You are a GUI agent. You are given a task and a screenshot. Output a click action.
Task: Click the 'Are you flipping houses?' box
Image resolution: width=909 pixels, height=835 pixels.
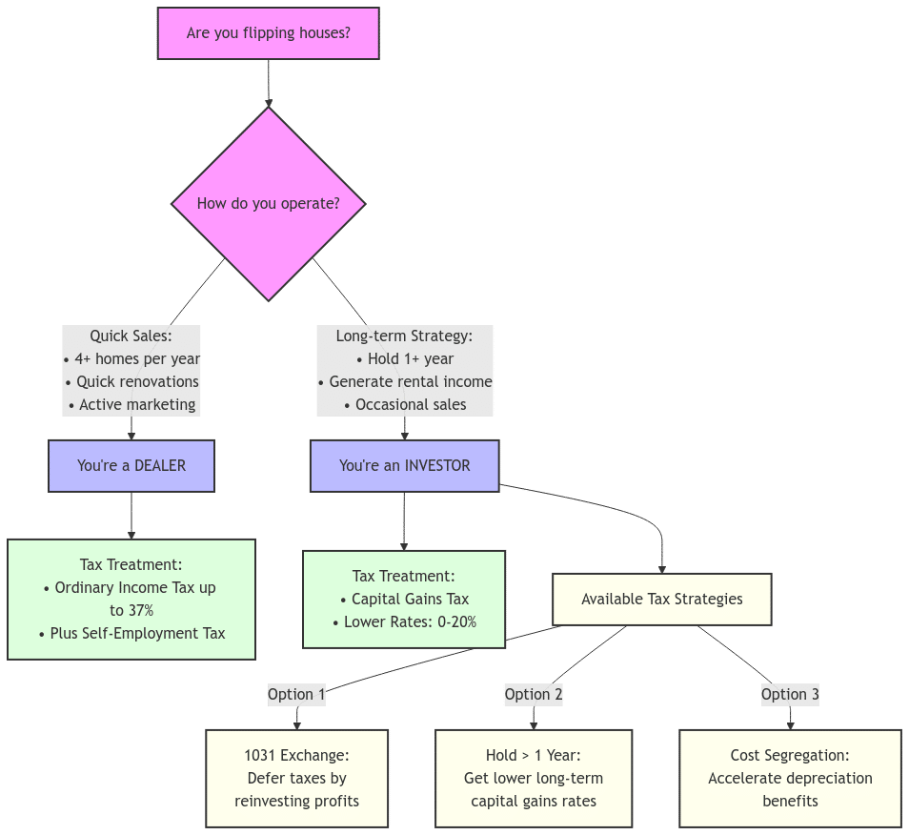pyautogui.click(x=268, y=33)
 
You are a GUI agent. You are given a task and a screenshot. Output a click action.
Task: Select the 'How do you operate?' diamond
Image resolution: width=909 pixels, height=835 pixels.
pyautogui.click(x=268, y=203)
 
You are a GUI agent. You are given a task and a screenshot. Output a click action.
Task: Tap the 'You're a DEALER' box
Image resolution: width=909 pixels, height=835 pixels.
pyautogui.click(x=131, y=466)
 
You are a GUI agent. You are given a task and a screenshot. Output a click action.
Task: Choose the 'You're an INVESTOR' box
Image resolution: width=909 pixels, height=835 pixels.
pyautogui.click(x=404, y=466)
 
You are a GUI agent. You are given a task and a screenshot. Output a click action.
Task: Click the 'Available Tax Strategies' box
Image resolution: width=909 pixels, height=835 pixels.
pyautogui.click(x=661, y=600)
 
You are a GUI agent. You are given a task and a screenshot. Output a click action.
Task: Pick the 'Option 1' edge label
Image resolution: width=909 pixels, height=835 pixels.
pyautogui.click(x=296, y=694)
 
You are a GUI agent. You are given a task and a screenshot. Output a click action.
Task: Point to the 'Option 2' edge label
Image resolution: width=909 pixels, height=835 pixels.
pyautogui.click(x=534, y=694)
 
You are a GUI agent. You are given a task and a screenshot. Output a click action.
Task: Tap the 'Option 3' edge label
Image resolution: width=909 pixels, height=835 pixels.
pyautogui.click(x=790, y=694)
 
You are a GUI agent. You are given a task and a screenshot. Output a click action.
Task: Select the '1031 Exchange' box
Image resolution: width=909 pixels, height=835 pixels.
pyautogui.click(x=296, y=778)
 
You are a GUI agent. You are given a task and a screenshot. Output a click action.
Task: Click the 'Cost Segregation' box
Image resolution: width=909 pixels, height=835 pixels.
pyautogui.click(x=790, y=778)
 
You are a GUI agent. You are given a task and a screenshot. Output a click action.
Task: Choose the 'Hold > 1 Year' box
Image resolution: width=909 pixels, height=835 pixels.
pyautogui.click(x=534, y=778)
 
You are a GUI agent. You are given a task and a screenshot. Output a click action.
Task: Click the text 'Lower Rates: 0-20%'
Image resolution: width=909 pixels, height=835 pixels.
pyautogui.click(x=404, y=622)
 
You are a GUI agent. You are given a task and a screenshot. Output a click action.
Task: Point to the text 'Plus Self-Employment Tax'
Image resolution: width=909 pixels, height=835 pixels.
pyautogui.click(x=131, y=633)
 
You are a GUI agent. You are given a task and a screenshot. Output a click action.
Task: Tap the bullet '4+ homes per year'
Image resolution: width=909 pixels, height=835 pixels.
pyautogui.click(x=131, y=359)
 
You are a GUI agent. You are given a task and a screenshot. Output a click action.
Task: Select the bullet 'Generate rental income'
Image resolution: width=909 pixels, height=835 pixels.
pyautogui.click(x=405, y=382)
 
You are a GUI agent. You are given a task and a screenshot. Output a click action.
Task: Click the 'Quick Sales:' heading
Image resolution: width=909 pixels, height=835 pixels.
pyautogui.click(x=131, y=336)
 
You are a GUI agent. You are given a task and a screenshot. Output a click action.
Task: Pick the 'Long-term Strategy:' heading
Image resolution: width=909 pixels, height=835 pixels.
pyautogui.click(x=404, y=336)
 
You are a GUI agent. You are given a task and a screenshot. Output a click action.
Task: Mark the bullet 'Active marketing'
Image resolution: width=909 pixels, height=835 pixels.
pyautogui.click(x=131, y=405)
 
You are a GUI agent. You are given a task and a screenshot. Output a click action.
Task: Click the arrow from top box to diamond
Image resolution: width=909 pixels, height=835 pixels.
pyautogui.click(x=268, y=84)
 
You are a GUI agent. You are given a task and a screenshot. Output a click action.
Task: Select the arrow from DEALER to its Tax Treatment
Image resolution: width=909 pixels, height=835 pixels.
pyautogui.click(x=131, y=516)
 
